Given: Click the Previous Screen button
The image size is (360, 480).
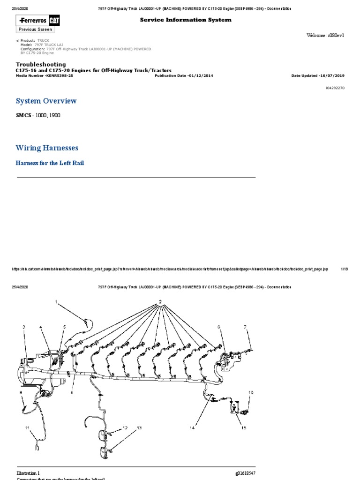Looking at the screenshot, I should (36, 29).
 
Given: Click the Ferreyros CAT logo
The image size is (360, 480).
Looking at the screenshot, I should (36, 21).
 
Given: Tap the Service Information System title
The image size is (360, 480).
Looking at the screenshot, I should (186, 20).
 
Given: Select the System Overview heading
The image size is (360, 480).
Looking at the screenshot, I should (46, 101).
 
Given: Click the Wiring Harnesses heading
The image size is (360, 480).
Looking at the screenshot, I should (47, 148).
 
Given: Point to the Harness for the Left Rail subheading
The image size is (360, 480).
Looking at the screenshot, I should (50, 163).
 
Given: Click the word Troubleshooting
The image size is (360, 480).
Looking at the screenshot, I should (41, 64).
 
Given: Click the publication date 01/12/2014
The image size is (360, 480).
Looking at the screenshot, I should (197, 75).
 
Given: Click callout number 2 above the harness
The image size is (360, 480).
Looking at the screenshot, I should (160, 301).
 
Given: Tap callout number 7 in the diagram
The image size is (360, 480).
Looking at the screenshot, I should (245, 326).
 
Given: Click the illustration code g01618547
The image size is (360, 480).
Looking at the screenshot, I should (245, 473).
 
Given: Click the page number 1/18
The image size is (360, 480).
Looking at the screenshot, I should (344, 269).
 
